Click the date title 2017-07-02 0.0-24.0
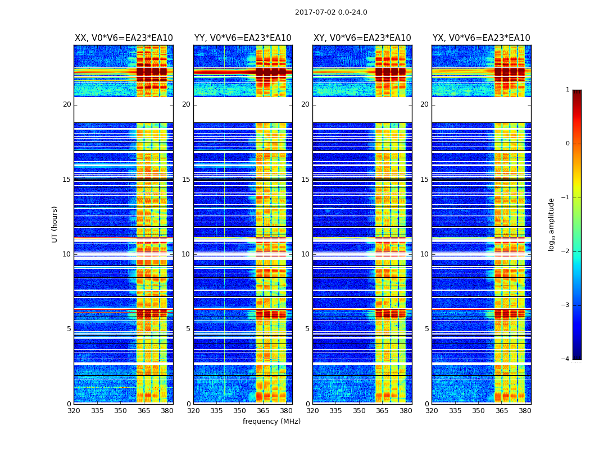331,12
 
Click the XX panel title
124,38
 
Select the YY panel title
243,38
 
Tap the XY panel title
362,38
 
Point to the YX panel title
481,38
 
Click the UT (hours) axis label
55,224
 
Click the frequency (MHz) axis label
271,421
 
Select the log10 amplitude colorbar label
552,224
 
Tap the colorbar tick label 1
568,90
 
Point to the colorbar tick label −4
566,359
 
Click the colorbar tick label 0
568,144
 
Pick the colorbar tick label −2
566,251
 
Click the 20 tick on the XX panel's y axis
67,104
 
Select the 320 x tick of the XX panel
74,411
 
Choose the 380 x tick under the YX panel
525,411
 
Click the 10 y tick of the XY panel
305,254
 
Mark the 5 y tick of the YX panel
426,329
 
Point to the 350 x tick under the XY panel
359,411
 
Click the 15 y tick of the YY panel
186,180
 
